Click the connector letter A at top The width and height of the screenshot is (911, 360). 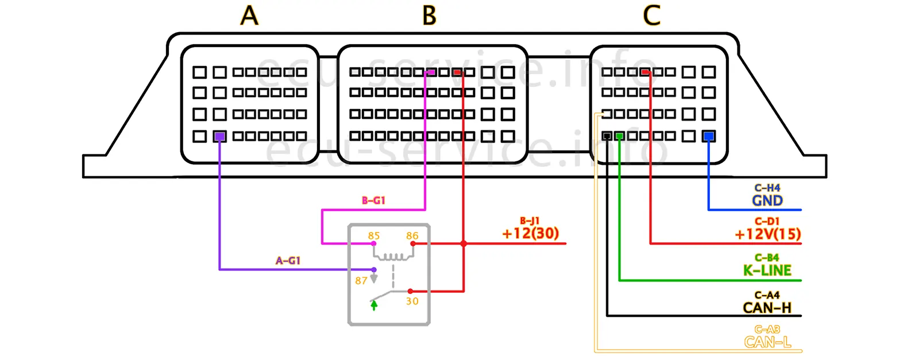[249, 16]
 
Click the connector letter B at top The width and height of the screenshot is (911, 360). [429, 16]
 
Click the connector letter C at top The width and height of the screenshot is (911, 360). [651, 16]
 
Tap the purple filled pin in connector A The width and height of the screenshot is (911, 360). [219, 137]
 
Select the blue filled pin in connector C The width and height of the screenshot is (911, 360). [709, 137]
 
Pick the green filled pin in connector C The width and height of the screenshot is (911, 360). [619, 136]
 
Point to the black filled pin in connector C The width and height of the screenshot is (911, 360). [607, 136]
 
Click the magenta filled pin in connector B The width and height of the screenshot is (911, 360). [430, 72]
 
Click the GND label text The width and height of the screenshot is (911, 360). [767, 200]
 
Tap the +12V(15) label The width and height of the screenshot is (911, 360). [767, 234]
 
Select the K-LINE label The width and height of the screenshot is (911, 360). [767, 270]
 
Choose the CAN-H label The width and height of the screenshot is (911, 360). [767, 308]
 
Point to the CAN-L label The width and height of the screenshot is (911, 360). [767, 342]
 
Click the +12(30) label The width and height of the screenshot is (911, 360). [530, 233]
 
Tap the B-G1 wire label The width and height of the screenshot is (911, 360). [373, 200]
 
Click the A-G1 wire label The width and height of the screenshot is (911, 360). [288, 261]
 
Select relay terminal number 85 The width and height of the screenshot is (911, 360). [374, 235]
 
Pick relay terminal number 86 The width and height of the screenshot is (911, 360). [412, 235]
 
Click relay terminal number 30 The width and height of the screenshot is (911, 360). [412, 301]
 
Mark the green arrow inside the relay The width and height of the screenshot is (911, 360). [374, 305]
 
